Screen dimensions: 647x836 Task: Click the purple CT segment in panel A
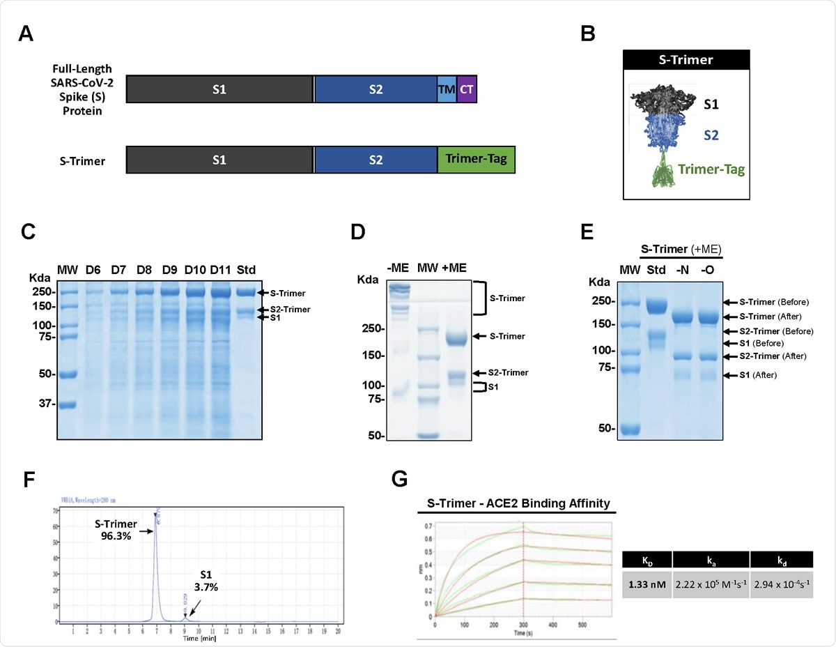point(467,90)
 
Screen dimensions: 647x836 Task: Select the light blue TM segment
point(447,90)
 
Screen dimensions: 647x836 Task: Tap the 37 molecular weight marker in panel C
point(46,404)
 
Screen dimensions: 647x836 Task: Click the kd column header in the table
point(780,559)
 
